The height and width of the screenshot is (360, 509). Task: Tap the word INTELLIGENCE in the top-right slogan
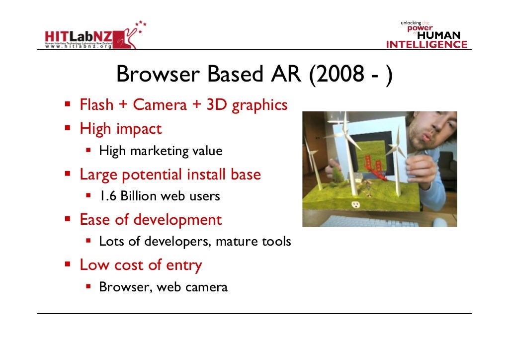click(426, 45)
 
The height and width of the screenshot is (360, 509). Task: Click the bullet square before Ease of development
click(68, 219)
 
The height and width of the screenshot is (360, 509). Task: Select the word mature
click(231, 242)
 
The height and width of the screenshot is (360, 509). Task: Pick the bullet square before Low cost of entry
click(68, 265)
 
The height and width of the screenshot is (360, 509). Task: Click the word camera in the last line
click(205, 287)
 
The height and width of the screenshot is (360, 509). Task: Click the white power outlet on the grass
click(355, 204)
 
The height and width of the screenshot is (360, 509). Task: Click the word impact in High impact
click(140, 128)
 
